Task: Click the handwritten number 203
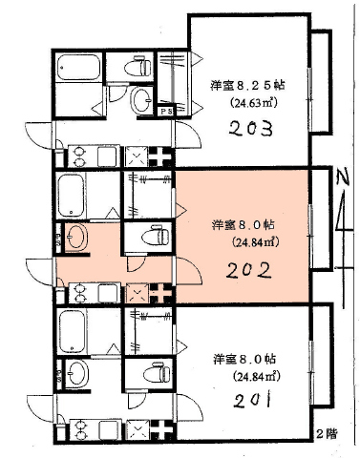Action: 251,129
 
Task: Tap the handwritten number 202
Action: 248,271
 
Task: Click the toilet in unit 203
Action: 138,67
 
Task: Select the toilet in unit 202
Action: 156,236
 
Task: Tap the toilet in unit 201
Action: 157,372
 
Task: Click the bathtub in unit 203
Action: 78,68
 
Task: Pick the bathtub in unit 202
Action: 72,195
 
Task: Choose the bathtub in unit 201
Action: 72,331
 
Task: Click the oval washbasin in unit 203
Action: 141,100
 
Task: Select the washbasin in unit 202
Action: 76,237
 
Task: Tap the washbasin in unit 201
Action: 77,373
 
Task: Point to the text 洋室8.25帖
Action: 247,86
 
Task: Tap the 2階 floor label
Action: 327,434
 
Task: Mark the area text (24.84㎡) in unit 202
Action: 256,242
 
